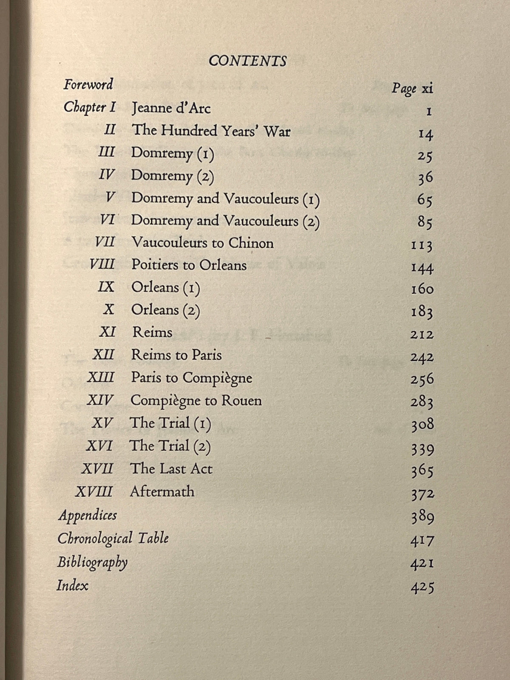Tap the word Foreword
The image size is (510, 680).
[x=88, y=84]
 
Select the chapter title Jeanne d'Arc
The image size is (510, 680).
[x=171, y=108]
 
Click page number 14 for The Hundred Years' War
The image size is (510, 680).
[x=425, y=134]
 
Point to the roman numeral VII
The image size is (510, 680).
[x=105, y=243]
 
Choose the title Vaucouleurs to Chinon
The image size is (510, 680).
[x=202, y=243]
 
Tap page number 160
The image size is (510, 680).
[x=422, y=289]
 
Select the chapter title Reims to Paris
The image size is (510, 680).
[x=176, y=355]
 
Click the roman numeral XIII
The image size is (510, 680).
[x=101, y=377]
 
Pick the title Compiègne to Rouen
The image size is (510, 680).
[x=196, y=400]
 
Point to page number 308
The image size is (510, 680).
[x=422, y=424]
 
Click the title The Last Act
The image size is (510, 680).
[x=171, y=468]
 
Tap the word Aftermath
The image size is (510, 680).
[x=162, y=491]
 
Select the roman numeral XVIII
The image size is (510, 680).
[x=94, y=492]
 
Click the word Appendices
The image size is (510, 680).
[x=87, y=515]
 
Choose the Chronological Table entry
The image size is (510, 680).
[x=113, y=538]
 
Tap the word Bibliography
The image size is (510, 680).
[x=92, y=562]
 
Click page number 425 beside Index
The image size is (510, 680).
[x=422, y=587]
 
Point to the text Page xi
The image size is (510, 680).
[x=412, y=88]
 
